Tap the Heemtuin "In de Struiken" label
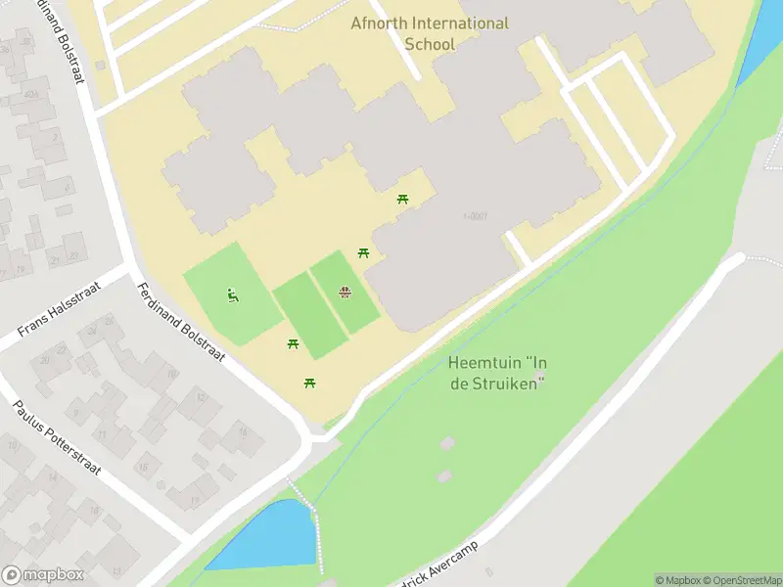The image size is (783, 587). (496, 373)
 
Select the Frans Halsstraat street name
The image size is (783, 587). (60, 306)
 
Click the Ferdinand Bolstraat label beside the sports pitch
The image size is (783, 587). (182, 322)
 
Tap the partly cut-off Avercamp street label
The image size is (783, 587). (440, 564)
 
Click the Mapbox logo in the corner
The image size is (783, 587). (42, 575)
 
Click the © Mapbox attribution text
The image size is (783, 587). (678, 580)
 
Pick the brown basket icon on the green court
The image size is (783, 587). (345, 292)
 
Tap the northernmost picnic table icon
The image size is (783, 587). (402, 200)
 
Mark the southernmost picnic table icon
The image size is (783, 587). (310, 383)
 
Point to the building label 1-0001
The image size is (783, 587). (475, 216)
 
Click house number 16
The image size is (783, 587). (172, 374)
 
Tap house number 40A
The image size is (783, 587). (32, 94)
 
